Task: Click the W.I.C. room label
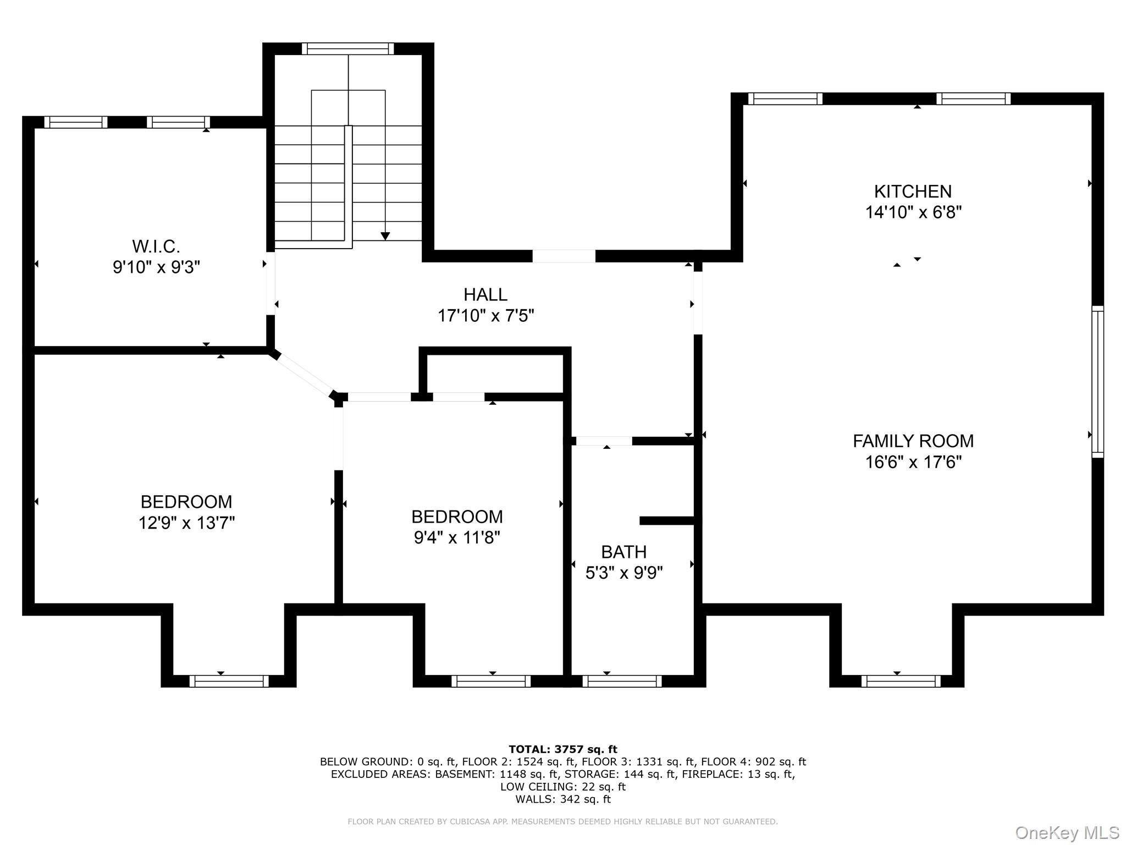(x=156, y=246)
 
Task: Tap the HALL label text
(x=485, y=295)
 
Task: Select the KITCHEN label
(x=913, y=191)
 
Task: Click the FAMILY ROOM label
(x=913, y=441)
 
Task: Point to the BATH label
(x=623, y=552)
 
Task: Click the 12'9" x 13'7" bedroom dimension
(x=186, y=523)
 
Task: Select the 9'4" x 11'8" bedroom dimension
(x=457, y=537)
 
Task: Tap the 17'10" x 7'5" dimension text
(x=485, y=316)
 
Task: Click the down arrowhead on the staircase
(x=385, y=236)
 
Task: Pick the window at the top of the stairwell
(x=347, y=49)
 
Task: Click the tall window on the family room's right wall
(x=1097, y=382)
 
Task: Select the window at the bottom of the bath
(x=622, y=681)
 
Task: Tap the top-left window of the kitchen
(x=785, y=99)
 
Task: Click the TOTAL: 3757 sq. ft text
(x=562, y=749)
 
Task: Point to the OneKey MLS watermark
(x=1067, y=832)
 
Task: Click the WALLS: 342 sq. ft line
(x=562, y=799)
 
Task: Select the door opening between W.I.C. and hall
(x=271, y=283)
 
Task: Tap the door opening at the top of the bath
(x=604, y=441)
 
